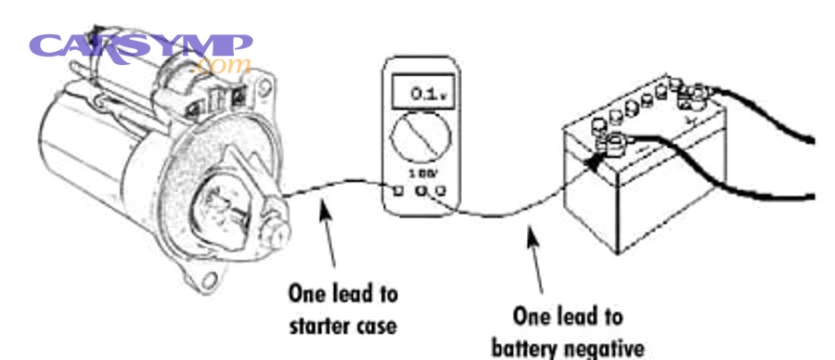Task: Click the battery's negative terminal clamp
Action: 615,142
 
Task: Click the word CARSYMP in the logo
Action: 139,45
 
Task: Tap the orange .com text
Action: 219,66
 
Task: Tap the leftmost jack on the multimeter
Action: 400,191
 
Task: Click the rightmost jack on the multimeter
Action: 442,191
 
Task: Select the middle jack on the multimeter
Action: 422,191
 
